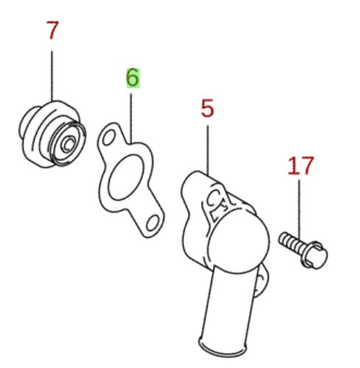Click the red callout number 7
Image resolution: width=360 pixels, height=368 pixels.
[52, 30]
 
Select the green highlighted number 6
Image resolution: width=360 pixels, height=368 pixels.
[133, 78]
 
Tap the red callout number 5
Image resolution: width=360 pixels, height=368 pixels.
[208, 108]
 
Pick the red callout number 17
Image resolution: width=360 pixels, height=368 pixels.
[301, 166]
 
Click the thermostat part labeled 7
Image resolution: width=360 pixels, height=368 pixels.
[52, 135]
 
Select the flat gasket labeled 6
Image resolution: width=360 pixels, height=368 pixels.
[130, 180]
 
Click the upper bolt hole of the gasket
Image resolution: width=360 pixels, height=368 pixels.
[109, 138]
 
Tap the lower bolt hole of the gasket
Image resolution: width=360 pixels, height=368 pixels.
[152, 223]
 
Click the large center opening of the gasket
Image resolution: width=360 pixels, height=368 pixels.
[125, 177]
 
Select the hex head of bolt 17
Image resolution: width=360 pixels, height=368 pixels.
[314, 255]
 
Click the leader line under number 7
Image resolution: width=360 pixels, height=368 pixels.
[52, 76]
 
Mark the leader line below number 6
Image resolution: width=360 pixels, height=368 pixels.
[131, 118]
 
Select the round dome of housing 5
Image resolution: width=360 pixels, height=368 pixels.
[239, 241]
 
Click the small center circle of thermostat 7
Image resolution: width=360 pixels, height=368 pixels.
[68, 144]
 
